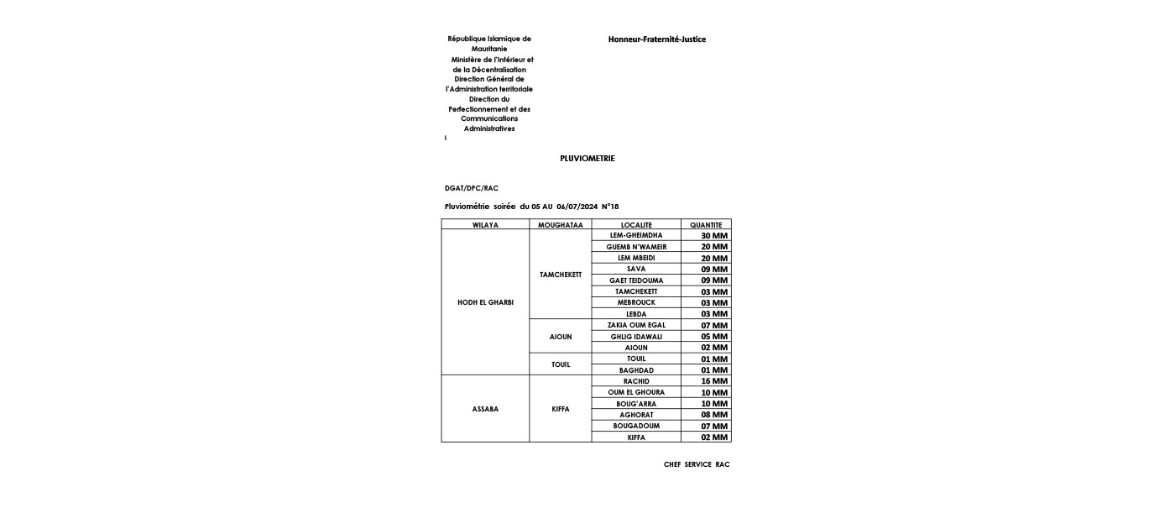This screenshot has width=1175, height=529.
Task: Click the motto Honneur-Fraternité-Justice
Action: [657, 39]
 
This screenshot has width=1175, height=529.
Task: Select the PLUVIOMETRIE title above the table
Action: [587, 159]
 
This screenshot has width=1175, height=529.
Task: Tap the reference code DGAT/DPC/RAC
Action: [471, 188]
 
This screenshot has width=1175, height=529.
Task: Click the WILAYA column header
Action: [485, 225]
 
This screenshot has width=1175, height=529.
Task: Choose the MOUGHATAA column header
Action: [560, 225]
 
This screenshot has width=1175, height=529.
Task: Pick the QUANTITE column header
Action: [706, 225]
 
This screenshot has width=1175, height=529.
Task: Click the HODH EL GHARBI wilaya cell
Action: [485, 302]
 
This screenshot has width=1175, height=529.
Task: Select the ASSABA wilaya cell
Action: [485, 409]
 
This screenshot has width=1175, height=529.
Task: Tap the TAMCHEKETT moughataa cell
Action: [560, 275]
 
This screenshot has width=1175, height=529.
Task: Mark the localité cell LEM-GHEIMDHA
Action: [636, 235]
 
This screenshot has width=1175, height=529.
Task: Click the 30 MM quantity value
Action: [714, 236]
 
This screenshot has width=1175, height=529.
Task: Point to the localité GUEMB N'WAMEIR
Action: [636, 247]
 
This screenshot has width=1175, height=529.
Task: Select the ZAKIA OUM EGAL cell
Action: [636, 325]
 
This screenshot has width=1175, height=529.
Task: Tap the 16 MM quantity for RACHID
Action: [714, 381]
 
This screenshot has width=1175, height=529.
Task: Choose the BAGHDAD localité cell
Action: [636, 370]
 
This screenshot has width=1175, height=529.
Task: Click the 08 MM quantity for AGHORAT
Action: [714, 415]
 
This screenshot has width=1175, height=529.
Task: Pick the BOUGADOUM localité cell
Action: [636, 426]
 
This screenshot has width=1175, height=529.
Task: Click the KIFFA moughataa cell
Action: [560, 409]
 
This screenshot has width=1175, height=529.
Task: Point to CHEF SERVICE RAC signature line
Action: [697, 464]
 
